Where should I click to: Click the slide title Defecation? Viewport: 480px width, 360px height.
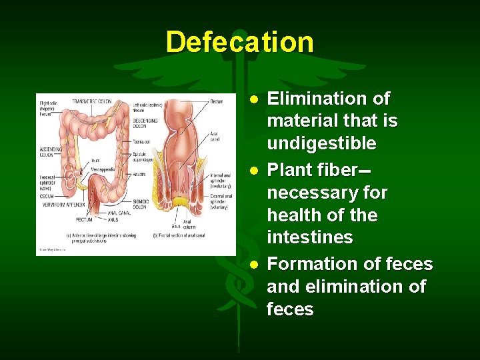[x=239, y=42]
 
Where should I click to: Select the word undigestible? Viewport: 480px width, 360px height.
[x=321, y=144]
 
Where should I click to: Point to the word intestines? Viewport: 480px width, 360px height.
[x=309, y=238]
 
